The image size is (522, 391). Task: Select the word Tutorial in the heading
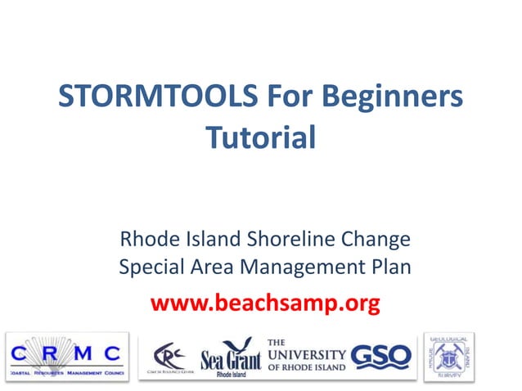coord(260,136)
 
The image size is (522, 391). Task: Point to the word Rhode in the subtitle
coord(146,240)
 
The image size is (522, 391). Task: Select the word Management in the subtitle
coord(300,267)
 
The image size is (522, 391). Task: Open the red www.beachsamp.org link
coord(264,304)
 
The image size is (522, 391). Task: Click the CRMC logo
coord(67,357)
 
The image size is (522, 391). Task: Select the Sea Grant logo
coord(231,358)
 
